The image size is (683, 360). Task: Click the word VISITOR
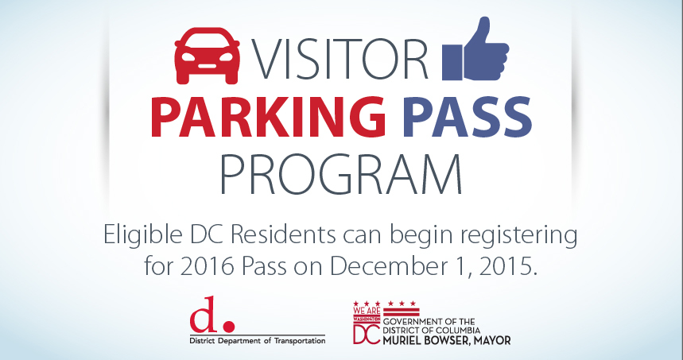click(342, 58)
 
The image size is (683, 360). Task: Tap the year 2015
click(503, 265)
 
